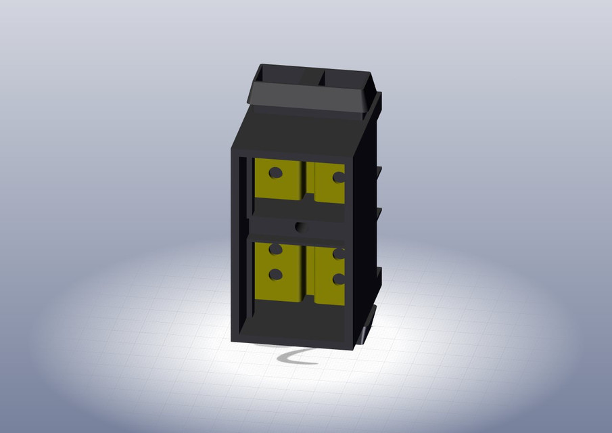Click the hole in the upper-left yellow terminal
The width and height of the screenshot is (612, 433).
pos(275,173)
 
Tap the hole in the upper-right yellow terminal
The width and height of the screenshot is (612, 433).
pos(338,177)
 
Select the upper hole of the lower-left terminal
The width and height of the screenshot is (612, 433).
pos(275,250)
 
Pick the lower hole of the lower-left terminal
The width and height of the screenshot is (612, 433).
pos(275,275)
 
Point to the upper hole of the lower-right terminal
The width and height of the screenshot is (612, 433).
pos(338,254)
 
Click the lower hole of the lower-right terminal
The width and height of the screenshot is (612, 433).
pos(337,279)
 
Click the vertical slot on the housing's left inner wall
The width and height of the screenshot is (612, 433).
pos(241,237)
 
